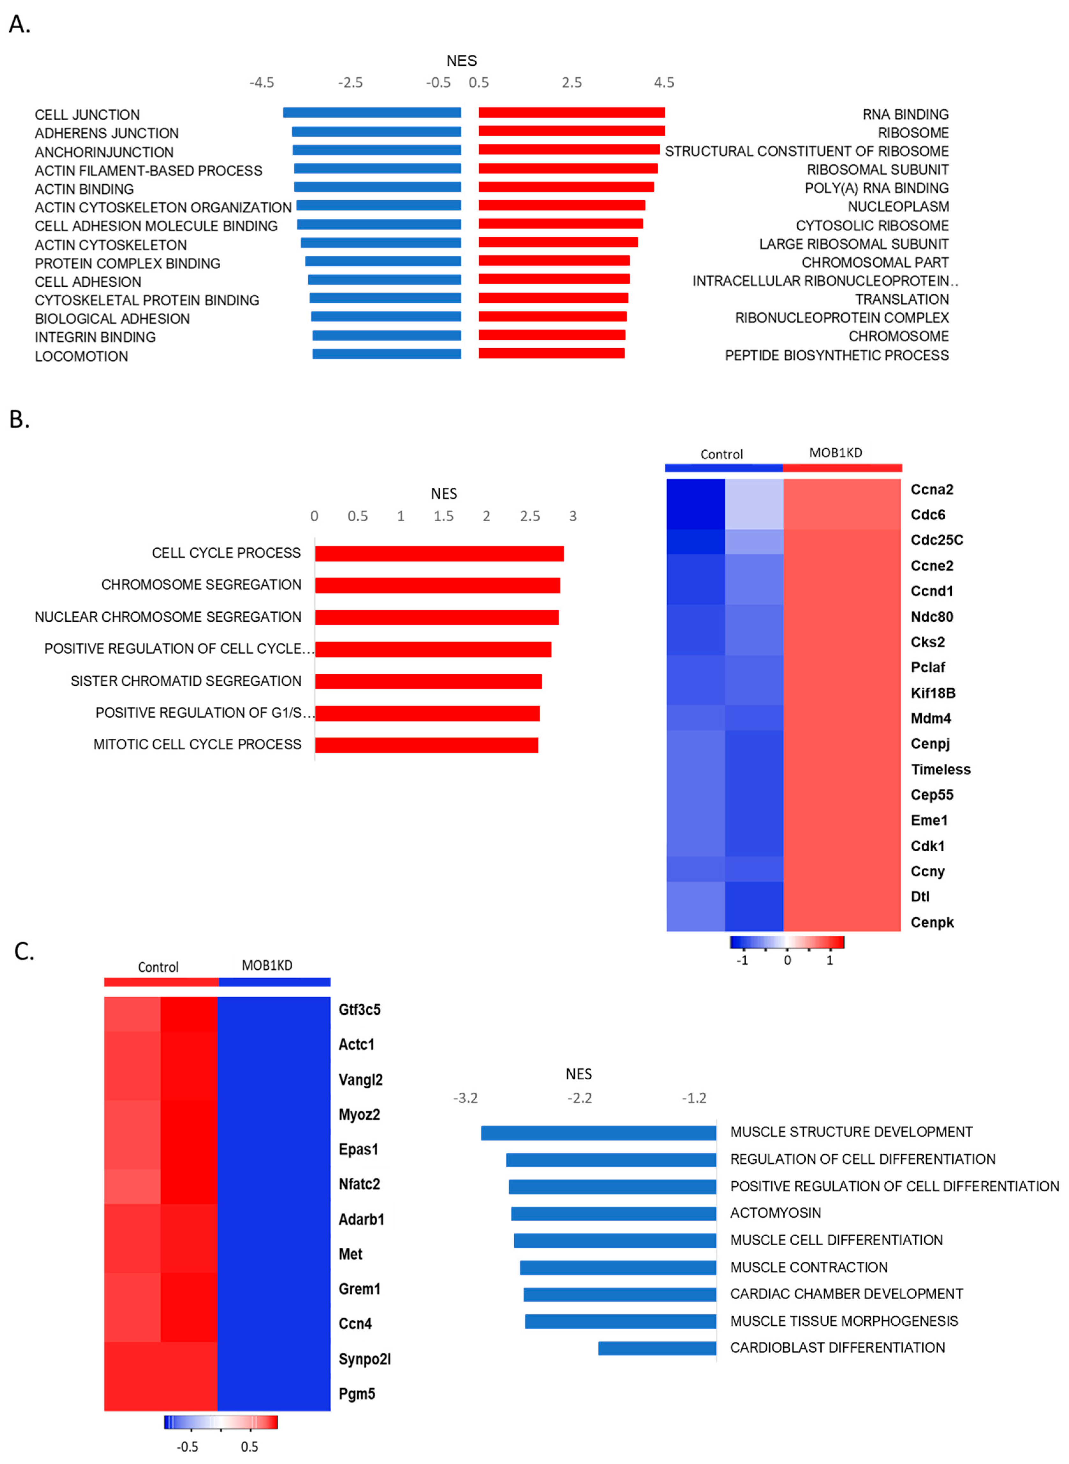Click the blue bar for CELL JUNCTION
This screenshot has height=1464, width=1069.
(372, 113)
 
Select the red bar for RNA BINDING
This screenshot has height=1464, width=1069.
(571, 113)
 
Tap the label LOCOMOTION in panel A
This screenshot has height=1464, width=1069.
(82, 356)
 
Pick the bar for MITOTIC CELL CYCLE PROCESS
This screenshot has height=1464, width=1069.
(427, 745)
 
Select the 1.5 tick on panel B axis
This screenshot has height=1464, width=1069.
(443, 516)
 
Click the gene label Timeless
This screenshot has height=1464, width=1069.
(940, 770)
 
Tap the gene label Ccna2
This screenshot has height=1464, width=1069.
(931, 489)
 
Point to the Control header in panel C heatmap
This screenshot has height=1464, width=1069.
(158, 967)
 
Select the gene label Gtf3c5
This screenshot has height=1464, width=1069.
(359, 1010)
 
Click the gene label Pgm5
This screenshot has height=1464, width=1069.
(356, 1394)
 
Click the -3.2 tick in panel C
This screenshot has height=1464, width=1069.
(465, 1098)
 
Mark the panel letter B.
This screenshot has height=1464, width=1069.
(19, 419)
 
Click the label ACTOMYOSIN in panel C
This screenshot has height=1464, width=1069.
(775, 1213)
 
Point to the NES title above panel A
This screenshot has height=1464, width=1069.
(461, 61)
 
